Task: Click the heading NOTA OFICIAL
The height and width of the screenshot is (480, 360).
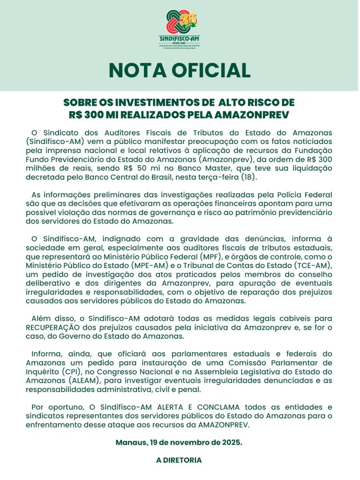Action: click(180, 71)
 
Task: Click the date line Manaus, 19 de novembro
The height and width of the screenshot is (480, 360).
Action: click(179, 443)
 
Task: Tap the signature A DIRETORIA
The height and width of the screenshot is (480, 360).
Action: click(179, 460)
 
